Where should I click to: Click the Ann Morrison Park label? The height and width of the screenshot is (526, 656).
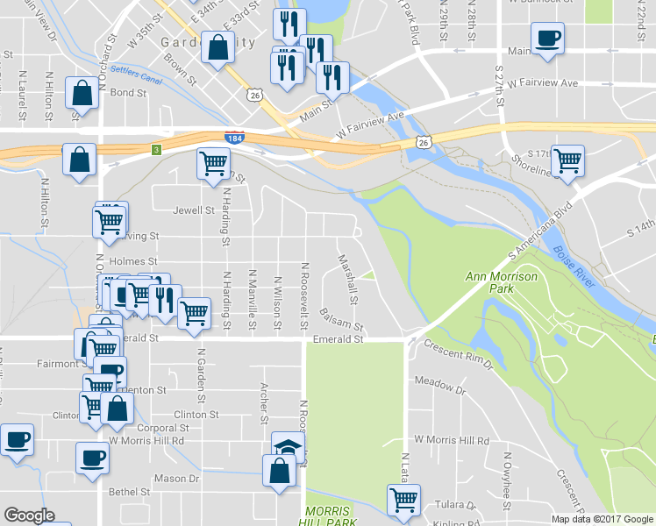click(489, 282)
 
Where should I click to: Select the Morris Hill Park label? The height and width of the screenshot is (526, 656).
click(327, 516)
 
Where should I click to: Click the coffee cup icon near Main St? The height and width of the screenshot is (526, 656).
click(547, 39)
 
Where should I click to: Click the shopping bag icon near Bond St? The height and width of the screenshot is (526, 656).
click(82, 93)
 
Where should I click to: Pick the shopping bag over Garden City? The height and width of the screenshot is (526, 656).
click(217, 47)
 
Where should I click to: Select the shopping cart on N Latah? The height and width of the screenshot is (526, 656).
click(403, 500)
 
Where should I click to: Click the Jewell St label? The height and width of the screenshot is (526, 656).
click(194, 210)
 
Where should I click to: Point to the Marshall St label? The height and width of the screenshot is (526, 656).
click(348, 279)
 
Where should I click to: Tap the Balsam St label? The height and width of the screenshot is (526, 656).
click(341, 319)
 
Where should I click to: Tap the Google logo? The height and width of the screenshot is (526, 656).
click(30, 515)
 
